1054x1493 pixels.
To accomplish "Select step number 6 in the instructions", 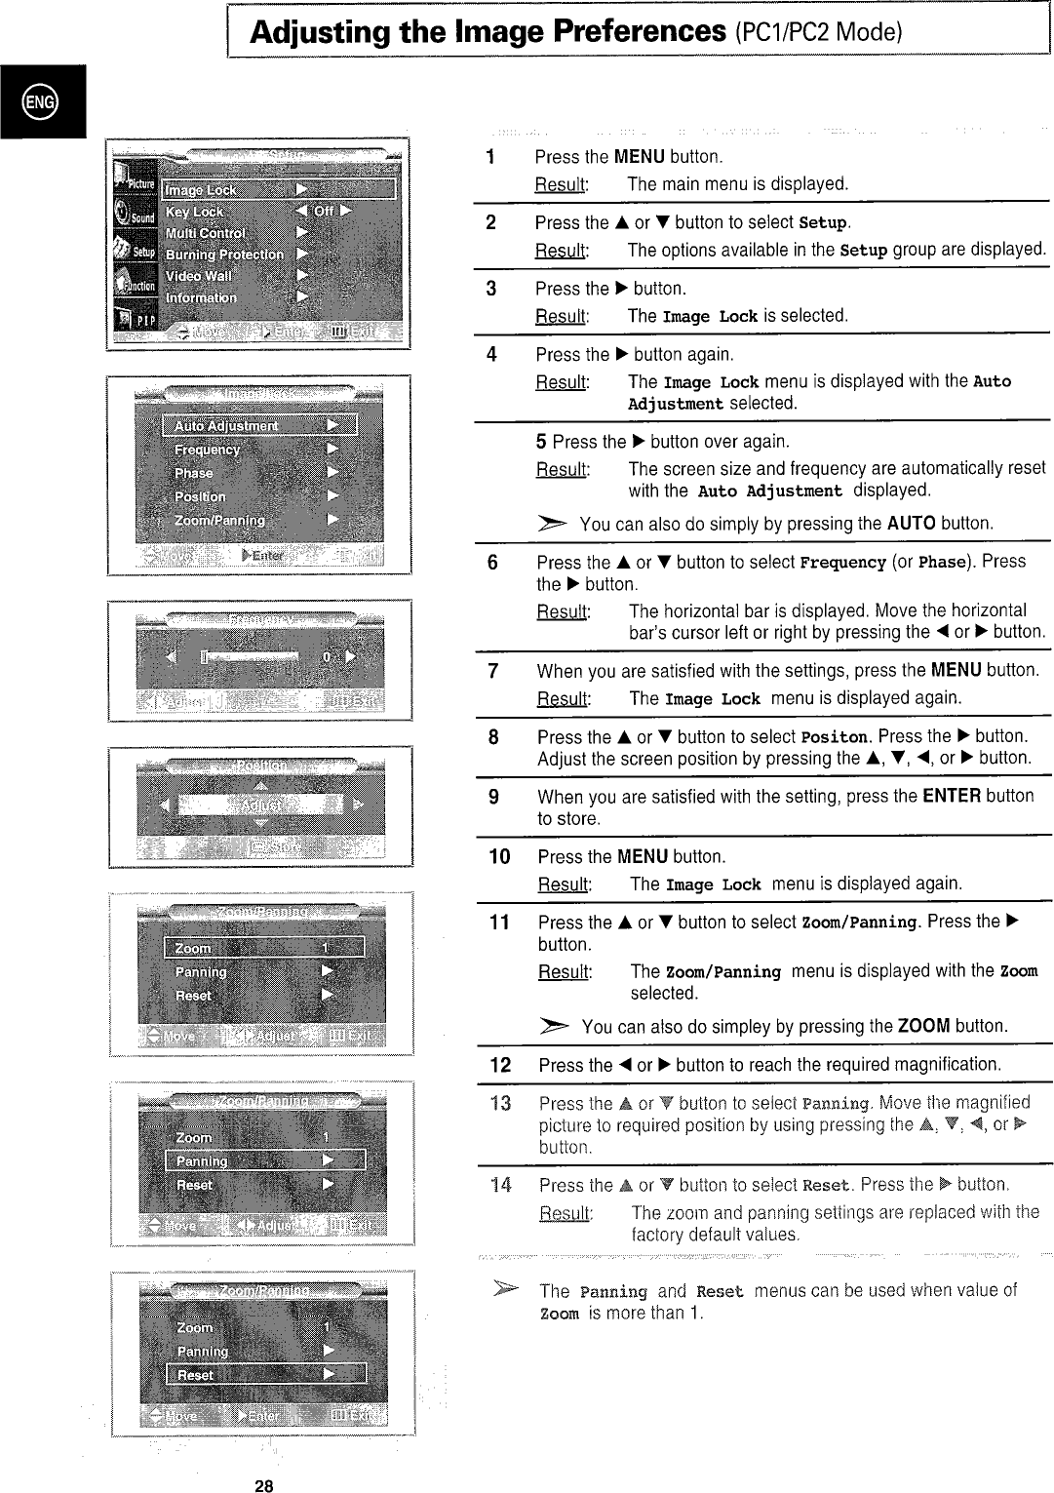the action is pyautogui.click(x=492, y=563).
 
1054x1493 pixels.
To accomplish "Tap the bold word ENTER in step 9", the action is pyautogui.click(x=951, y=796).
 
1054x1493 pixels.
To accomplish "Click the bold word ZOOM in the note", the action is pyautogui.click(x=923, y=1026).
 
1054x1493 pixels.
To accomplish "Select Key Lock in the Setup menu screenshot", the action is pyautogui.click(x=195, y=212).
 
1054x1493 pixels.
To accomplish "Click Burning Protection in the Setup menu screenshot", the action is pyautogui.click(x=224, y=255).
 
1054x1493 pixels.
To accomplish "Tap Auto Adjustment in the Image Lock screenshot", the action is pyautogui.click(x=226, y=426).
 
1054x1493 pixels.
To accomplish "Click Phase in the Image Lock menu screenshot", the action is pyautogui.click(x=193, y=473).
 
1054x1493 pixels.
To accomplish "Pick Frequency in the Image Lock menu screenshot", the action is pyautogui.click(x=207, y=450).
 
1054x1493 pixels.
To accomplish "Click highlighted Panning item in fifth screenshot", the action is pyautogui.click(x=201, y=1160).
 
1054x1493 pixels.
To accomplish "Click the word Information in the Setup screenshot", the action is pyautogui.click(x=201, y=297).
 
